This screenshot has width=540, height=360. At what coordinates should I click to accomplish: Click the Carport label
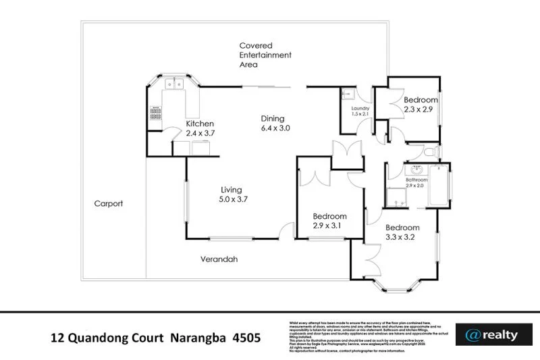(x=108, y=203)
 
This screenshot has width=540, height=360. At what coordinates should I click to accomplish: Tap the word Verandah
(x=219, y=259)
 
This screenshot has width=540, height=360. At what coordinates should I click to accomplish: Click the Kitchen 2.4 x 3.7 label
(x=200, y=128)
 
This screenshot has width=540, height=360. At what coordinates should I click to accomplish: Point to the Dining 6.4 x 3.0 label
(x=275, y=123)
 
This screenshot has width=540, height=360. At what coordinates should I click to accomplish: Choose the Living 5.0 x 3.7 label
(x=234, y=195)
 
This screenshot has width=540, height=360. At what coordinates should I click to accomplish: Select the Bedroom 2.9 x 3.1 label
(x=329, y=221)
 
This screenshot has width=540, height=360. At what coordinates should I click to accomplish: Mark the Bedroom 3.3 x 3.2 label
(x=403, y=232)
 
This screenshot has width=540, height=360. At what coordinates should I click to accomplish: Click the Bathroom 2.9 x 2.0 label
(x=416, y=183)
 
